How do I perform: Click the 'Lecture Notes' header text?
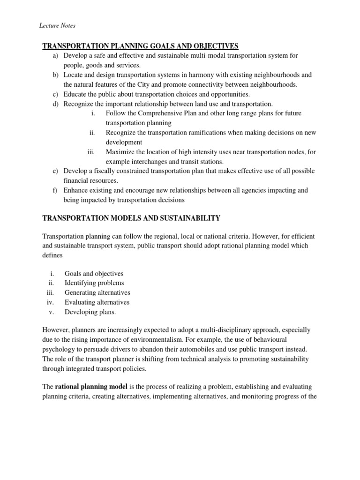click(57, 25)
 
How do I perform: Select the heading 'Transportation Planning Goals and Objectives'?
click(141, 46)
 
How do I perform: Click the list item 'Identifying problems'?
click(94, 283)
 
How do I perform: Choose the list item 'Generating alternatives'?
click(97, 292)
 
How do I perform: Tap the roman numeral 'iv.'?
click(51, 302)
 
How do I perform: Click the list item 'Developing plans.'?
click(90, 312)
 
